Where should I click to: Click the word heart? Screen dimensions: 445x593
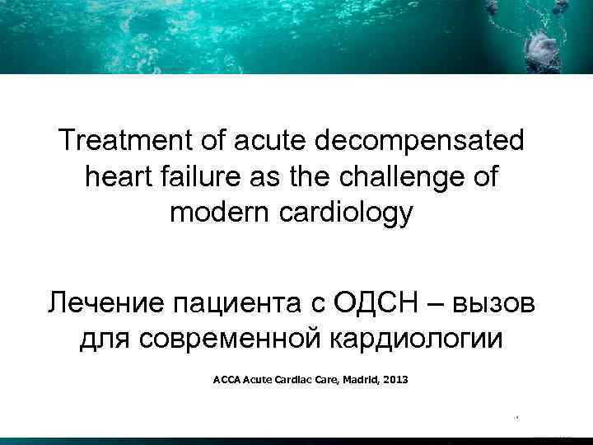pos(119,177)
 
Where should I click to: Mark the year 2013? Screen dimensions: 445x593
pos(395,382)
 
